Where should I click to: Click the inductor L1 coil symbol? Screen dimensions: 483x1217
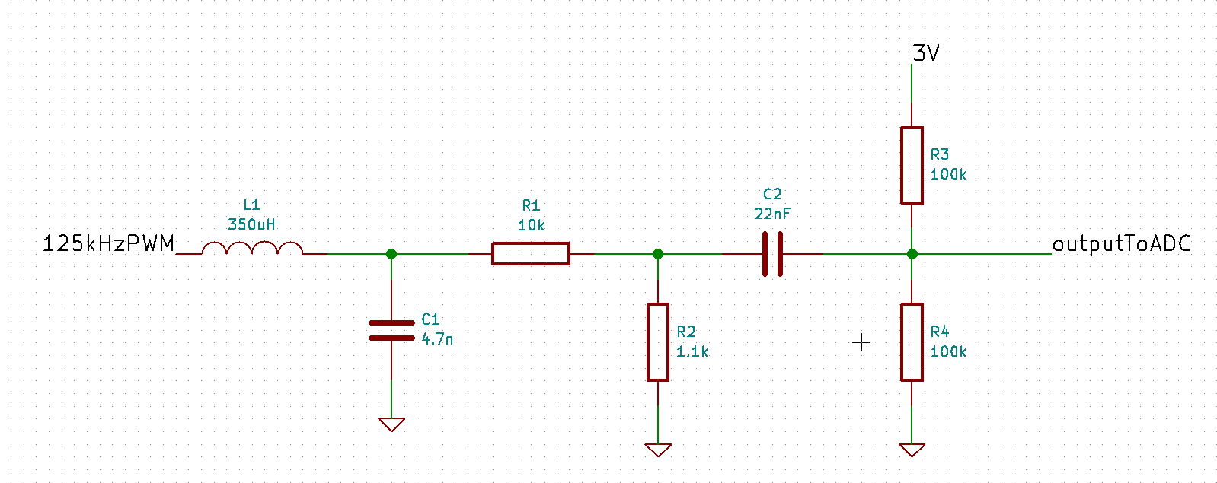(252, 248)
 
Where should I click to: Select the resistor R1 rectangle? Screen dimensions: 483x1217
(530, 253)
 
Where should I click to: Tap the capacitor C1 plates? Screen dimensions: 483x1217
(391, 330)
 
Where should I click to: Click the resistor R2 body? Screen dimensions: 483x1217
(658, 342)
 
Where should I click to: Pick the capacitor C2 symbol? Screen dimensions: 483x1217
(772, 254)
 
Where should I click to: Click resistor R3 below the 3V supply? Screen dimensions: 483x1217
(912, 165)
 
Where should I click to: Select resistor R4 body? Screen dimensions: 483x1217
(912, 342)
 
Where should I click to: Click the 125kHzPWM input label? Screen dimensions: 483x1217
(108, 244)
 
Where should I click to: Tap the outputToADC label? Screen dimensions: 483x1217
(1121, 244)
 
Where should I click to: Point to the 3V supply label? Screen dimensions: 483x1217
(925, 53)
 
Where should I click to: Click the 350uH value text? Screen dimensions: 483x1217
(251, 224)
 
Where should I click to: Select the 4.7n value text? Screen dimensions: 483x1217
(437, 339)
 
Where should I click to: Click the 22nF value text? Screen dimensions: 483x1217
(772, 214)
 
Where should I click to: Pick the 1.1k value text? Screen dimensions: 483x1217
(692, 351)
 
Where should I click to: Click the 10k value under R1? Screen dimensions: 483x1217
(531, 225)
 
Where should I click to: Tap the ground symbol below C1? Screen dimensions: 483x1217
(391, 424)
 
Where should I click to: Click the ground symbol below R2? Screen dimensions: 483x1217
(658, 450)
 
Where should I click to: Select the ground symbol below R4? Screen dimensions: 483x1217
(912, 450)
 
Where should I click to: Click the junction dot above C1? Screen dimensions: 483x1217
(391, 254)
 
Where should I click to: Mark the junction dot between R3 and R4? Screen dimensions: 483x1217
(912, 254)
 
